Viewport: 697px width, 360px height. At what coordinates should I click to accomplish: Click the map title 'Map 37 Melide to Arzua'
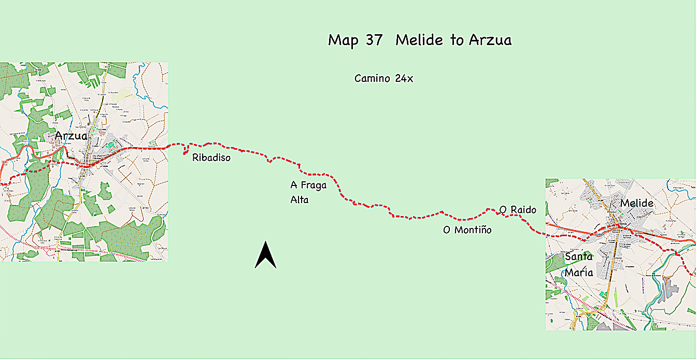pos(420,40)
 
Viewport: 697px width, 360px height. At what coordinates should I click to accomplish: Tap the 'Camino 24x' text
pos(383,79)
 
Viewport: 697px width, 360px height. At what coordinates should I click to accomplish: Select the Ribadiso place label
pos(211,157)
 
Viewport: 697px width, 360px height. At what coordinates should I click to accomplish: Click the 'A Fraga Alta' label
pos(308,192)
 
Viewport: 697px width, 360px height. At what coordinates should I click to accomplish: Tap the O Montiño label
pos(467,229)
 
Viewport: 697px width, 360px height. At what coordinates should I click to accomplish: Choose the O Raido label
pos(518,209)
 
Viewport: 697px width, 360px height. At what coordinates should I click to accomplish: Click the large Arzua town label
pos(71,136)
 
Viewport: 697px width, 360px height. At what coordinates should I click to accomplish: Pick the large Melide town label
pos(637,203)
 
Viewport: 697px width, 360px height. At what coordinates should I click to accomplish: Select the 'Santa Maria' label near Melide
pos(579,265)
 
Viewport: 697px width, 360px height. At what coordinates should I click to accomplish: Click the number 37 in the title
pos(374,40)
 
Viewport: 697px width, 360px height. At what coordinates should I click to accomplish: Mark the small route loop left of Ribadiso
pos(185,151)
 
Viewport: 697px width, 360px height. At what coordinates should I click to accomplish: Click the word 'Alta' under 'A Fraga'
pos(300,199)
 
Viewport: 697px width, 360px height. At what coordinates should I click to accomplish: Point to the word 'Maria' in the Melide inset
pos(579,272)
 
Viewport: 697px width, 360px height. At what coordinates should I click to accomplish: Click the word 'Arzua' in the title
pos(490,40)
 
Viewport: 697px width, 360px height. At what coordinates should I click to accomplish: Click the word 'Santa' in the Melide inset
pos(578,256)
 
